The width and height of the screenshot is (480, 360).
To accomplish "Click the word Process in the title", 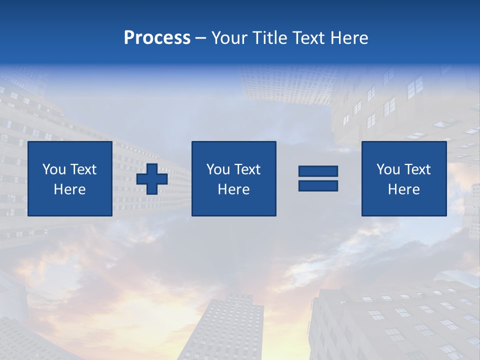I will [x=157, y=38].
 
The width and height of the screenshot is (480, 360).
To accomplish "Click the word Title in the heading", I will [x=268, y=38].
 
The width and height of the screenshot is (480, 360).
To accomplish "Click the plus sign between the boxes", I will [x=152, y=179].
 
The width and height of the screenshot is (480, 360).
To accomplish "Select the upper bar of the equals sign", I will [x=318, y=171].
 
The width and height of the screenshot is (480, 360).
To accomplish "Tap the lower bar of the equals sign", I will [x=318, y=185].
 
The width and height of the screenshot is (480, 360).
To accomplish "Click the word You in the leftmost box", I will [x=54, y=169].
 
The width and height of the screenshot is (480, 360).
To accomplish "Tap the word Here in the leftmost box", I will [x=70, y=189].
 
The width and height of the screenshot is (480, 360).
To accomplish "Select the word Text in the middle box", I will [x=247, y=169].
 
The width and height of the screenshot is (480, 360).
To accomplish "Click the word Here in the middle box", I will [x=233, y=189].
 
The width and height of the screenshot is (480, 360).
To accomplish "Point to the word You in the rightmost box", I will [x=388, y=169].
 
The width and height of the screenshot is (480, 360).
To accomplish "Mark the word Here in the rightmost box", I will [x=404, y=189].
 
